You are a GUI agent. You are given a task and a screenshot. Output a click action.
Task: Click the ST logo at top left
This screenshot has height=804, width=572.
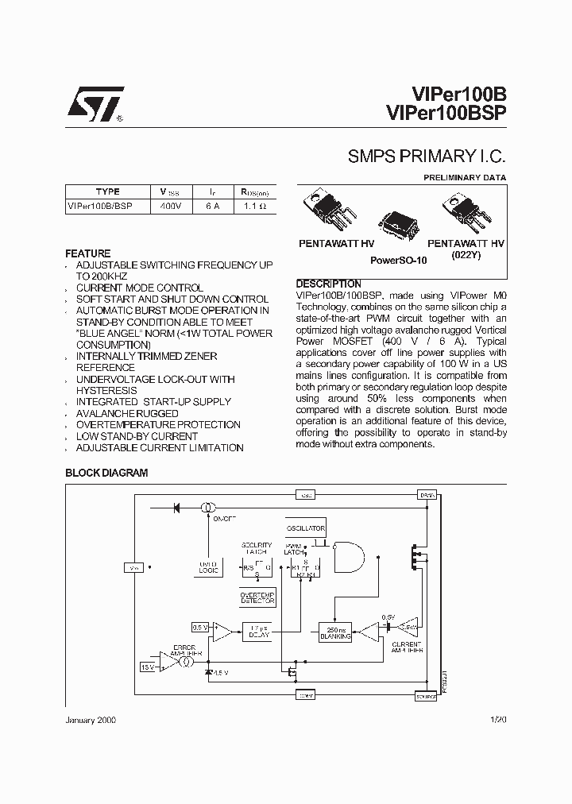coord(95,103)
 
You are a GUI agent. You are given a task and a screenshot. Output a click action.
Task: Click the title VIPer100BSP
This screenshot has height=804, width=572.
coord(447,112)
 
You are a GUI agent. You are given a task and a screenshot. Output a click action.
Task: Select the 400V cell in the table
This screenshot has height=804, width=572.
coord(171,205)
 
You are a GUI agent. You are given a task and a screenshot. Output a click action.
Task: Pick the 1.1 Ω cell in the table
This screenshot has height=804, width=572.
coord(255,205)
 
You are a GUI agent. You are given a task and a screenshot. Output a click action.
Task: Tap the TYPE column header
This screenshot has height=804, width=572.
coord(107,191)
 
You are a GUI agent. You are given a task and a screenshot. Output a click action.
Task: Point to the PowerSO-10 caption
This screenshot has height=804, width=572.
coord(399,260)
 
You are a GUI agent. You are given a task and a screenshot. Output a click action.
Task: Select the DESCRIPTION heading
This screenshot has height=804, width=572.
coord(328,284)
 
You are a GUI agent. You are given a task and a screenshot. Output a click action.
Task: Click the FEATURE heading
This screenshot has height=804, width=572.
coord(87,253)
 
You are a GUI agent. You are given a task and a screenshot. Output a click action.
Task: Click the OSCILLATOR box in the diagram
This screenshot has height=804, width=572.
coord(305,528)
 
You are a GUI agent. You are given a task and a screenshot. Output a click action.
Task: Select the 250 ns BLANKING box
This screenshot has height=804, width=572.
coord(334,632)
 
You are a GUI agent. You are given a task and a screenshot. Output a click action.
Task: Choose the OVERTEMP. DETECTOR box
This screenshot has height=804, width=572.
coord(257,597)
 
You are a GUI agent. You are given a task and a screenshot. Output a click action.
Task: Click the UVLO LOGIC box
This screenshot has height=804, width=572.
coord(208,566)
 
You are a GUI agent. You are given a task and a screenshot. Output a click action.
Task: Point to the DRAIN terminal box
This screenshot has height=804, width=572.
coord(427,495)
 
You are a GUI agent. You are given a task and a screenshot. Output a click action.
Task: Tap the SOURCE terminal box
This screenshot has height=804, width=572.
coord(427,696)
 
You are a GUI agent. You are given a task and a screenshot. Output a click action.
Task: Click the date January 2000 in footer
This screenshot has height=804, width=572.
coord(91,719)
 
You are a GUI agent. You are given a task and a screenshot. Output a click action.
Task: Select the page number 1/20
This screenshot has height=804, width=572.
coord(498,719)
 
